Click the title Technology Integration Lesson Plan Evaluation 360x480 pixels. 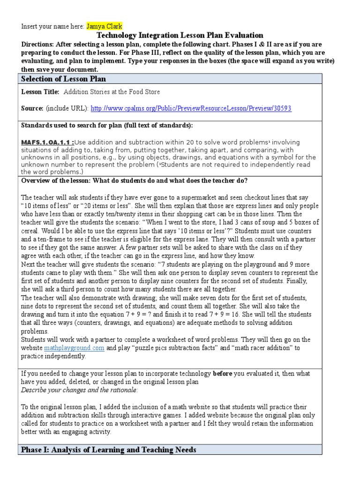tap(180, 35)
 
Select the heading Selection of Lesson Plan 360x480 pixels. tap(64, 79)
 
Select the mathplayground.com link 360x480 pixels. tap(74, 348)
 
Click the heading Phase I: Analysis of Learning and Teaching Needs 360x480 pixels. tap(109, 450)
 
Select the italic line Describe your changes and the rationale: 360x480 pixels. tap(80, 390)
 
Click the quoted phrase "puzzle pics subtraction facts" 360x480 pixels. tap(175, 348)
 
